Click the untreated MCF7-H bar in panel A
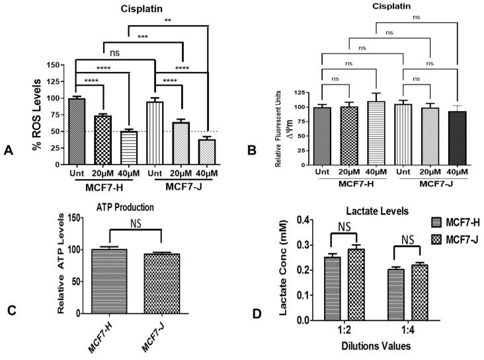[x=76, y=131]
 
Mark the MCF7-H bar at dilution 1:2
[x=325, y=288]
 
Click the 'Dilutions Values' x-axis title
[x=358, y=345]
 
